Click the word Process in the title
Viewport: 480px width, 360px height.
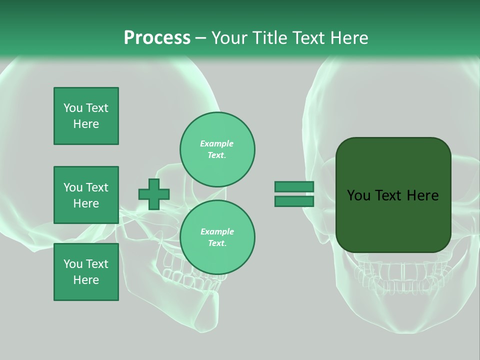tap(157, 38)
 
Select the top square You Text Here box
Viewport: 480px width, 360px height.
tap(86, 116)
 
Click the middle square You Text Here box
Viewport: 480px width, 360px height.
tap(86, 195)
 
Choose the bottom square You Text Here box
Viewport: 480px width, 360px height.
tap(86, 272)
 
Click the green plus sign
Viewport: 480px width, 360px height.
tap(154, 194)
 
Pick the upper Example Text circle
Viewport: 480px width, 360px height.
tap(217, 149)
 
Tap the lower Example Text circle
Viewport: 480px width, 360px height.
tap(217, 237)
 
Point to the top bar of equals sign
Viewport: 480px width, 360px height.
tap(294, 186)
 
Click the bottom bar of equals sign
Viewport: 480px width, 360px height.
tap(294, 201)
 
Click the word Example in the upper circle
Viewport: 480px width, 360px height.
tap(216, 143)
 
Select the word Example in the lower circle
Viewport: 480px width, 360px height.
tap(217, 231)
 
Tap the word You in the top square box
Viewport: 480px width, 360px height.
tap(72, 108)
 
